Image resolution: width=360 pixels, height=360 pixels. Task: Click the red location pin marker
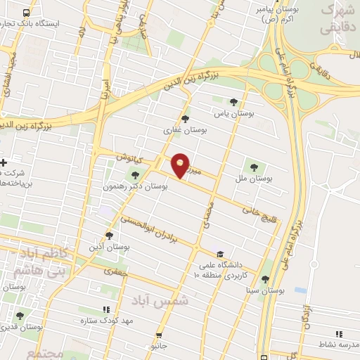[181, 165]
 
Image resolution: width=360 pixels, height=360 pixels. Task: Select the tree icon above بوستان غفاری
[185, 119]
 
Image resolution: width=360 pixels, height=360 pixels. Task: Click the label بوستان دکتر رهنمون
[144, 187]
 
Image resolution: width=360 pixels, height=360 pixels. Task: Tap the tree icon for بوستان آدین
[109, 236]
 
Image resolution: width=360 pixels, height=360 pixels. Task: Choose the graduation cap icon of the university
[221, 254]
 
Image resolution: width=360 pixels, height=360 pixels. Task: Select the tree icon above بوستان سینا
[265, 279]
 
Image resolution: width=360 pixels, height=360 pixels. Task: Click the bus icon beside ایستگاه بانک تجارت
[27, 13]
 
